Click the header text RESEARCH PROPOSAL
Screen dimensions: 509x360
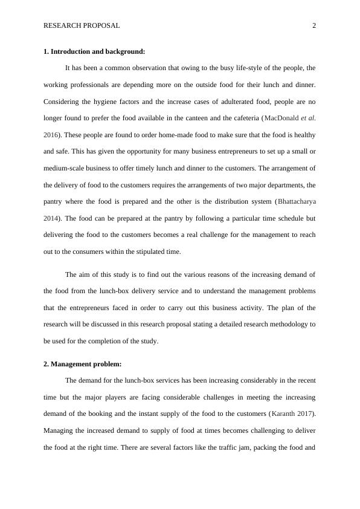82,25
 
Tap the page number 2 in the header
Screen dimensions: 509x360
314,25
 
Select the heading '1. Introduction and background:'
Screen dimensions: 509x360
94,51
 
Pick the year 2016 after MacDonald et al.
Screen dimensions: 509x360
50,134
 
